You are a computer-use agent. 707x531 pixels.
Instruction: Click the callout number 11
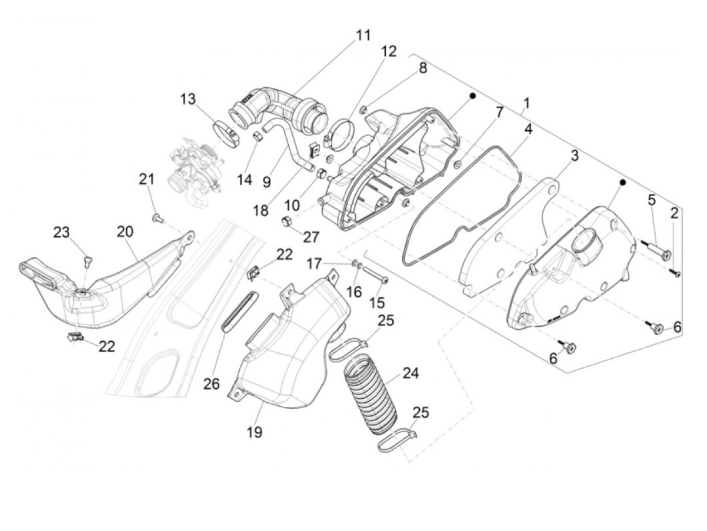363,35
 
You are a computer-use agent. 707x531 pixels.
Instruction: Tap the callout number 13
188,99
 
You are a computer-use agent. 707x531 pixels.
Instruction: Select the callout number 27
311,237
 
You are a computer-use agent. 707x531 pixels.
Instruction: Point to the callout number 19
255,432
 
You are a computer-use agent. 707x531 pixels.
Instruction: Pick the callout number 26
212,384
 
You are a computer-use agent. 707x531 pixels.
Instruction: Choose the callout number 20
125,232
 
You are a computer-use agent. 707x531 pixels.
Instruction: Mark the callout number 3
574,156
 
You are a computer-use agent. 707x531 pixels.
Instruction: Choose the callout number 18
261,210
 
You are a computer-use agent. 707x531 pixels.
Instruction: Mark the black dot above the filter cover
623,182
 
